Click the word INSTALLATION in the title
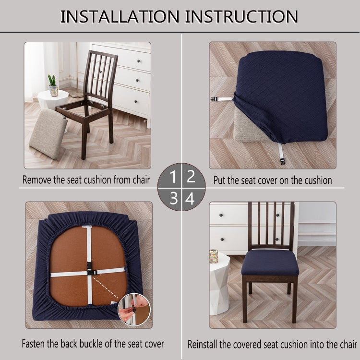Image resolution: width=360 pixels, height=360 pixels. [x=120, y=16]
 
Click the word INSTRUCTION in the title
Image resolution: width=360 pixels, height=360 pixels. [x=241, y=16]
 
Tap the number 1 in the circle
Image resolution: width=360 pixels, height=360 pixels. [x=173, y=177]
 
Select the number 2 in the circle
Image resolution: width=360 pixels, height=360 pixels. [x=191, y=176]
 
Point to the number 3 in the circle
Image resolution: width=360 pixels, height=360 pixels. [x=174, y=198]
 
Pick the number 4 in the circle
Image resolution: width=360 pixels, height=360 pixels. [x=190, y=199]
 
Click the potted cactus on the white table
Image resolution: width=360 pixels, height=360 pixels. [x=53, y=85]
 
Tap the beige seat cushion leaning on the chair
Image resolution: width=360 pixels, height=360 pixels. [x=48, y=133]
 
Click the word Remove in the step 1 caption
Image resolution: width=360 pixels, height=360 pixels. [x=37, y=180]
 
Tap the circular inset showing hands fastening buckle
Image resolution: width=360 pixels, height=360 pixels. [x=134, y=309]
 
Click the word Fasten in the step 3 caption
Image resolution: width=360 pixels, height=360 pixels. [x=34, y=344]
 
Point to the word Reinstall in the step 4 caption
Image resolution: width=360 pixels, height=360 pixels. [x=202, y=344]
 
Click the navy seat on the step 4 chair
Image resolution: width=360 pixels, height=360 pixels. [x=270, y=263]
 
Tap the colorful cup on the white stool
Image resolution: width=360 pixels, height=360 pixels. [x=214, y=256]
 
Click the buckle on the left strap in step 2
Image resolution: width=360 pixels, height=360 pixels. [x=214, y=99]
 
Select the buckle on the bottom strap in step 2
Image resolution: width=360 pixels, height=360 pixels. [x=282, y=162]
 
